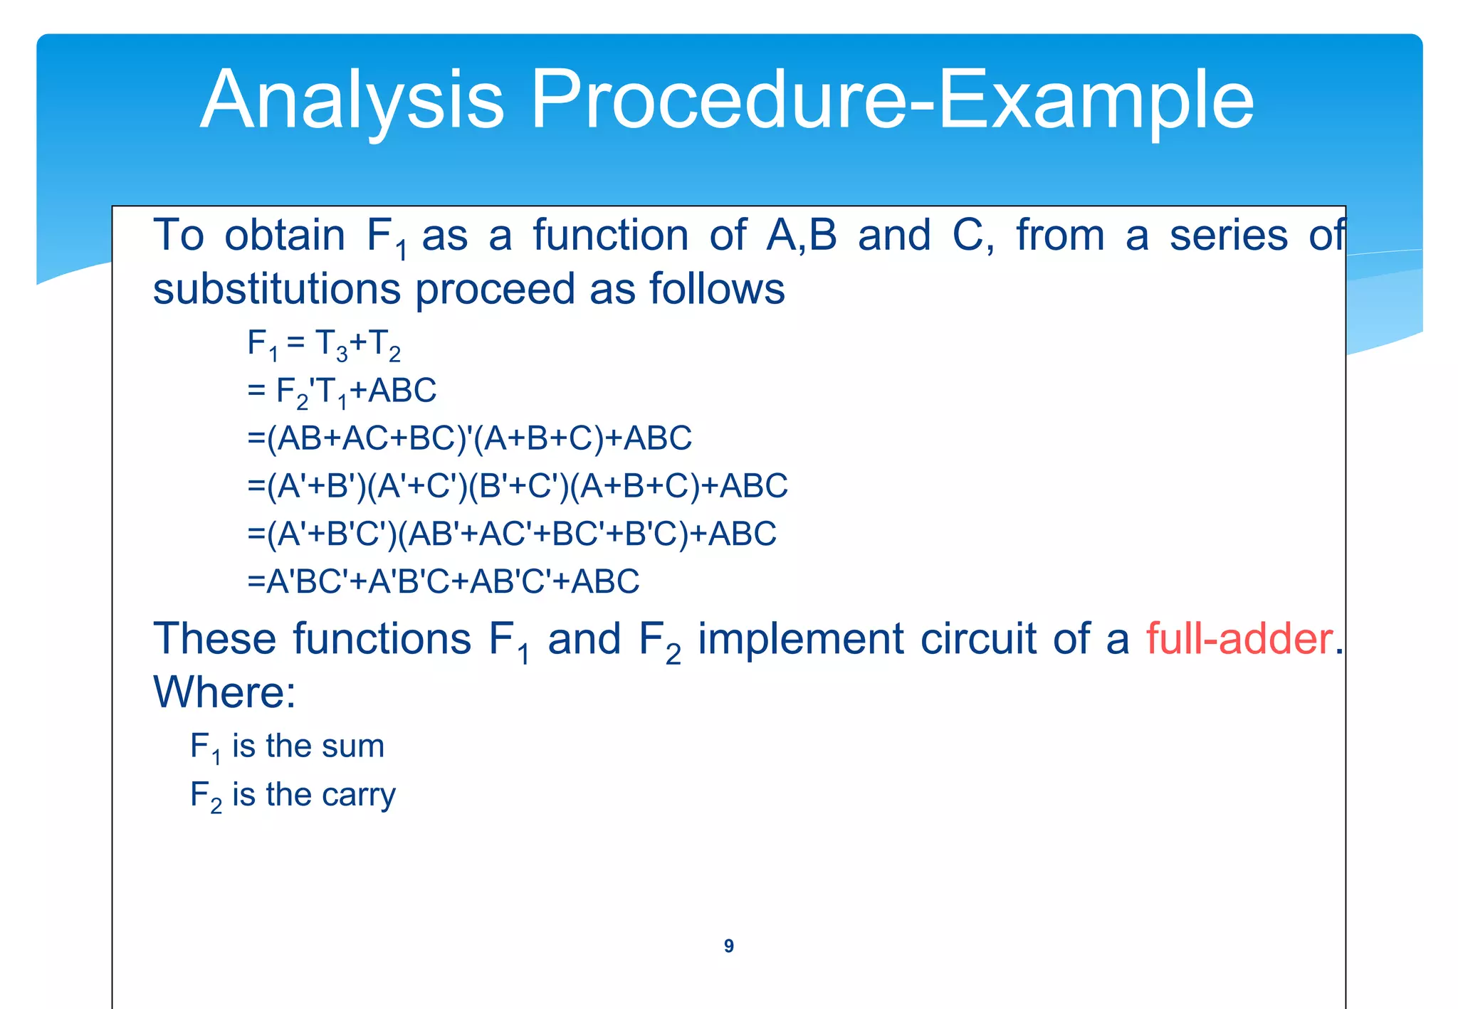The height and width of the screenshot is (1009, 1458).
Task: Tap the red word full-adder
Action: pyautogui.click(x=1239, y=638)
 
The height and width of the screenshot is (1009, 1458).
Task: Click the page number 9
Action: pyautogui.click(x=728, y=946)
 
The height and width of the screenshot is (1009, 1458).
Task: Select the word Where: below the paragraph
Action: pyautogui.click(x=224, y=692)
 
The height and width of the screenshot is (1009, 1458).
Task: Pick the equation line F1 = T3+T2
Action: pyautogui.click(x=324, y=344)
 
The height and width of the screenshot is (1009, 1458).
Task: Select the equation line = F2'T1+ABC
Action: pyautogui.click(x=342, y=391)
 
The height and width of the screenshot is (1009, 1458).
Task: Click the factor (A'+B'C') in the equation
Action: pyautogui.click(x=332, y=534)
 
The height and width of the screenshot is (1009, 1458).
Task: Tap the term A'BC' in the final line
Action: pyautogui.click(x=306, y=581)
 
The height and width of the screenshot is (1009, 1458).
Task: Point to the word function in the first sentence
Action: pyautogui.click(x=610, y=236)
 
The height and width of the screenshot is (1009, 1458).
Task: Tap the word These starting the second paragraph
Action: pyautogui.click(x=214, y=638)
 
